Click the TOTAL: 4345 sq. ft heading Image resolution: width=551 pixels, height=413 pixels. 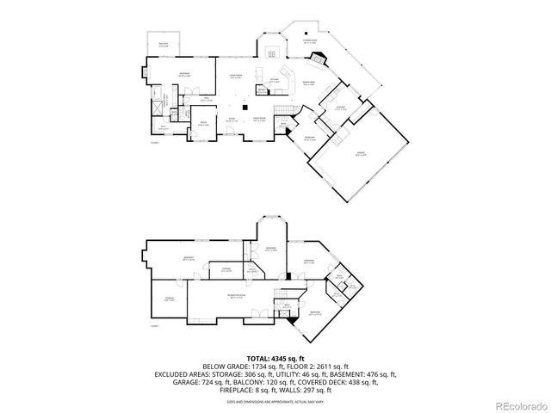pyautogui.click(x=275, y=357)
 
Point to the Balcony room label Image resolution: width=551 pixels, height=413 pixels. pyautogui.click(x=164, y=46)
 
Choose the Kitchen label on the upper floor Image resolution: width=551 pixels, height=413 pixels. pyautogui.click(x=274, y=80)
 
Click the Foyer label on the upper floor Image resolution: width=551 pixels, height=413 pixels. pyautogui.click(x=232, y=120)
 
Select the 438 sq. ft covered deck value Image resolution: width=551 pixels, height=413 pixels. pyautogui.click(x=368, y=382)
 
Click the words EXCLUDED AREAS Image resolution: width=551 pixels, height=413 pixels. pyautogui.click(x=183, y=374)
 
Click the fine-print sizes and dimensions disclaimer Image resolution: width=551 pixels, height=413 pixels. pyautogui.click(x=275, y=401)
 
